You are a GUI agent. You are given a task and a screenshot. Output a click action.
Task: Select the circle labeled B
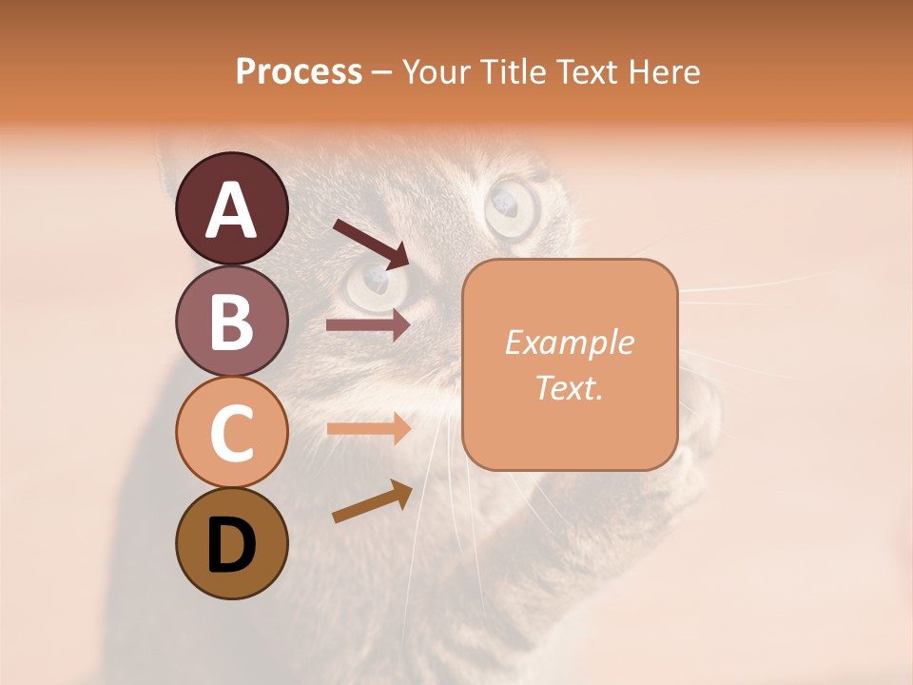coord(231,321)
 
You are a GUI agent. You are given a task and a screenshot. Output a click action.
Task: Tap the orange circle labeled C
coord(231,432)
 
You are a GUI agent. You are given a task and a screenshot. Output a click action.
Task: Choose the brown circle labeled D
coord(231,543)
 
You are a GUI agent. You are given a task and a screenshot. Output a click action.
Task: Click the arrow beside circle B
coord(368,325)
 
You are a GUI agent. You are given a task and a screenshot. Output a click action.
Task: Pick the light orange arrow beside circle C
coord(368,428)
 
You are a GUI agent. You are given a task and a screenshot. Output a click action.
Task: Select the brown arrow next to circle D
coord(372,501)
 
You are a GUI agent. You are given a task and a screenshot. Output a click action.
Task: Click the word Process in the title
coord(299,72)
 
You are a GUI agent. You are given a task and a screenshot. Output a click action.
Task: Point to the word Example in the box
coord(569,342)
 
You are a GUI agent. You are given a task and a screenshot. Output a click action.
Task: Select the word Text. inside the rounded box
coord(569,387)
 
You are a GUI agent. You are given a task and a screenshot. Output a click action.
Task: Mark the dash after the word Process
coord(382,72)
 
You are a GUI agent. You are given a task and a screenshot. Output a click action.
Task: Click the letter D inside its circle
coord(231,545)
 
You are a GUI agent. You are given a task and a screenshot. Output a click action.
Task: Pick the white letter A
coord(231,210)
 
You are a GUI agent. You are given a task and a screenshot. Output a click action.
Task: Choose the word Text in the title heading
coord(579,72)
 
